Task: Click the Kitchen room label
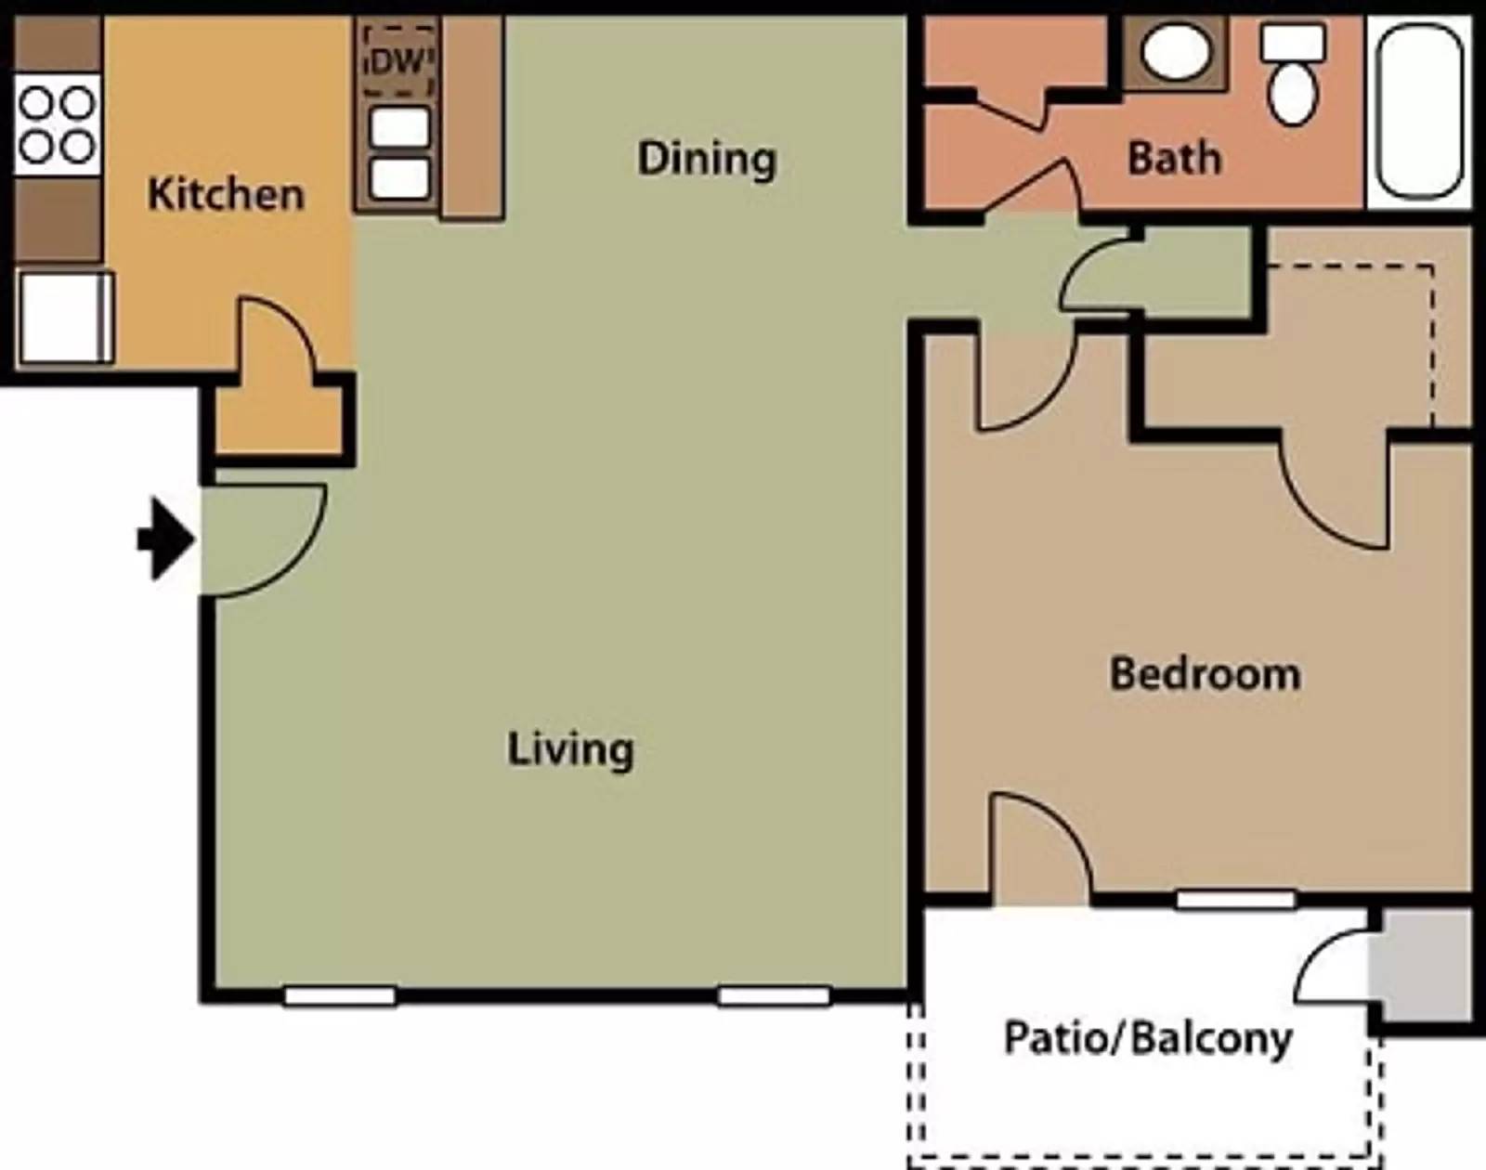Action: (226, 195)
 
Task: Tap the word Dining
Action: (707, 159)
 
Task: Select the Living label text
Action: (570, 749)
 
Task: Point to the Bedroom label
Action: (1205, 674)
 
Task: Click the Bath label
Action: (1174, 158)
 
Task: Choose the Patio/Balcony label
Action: (1148, 1038)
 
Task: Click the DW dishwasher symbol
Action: (399, 61)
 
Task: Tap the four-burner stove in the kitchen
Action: (57, 125)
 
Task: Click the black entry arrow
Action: (165, 539)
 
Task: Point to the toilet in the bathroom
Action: (1293, 74)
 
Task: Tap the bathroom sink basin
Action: (1174, 52)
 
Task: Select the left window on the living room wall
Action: (340, 996)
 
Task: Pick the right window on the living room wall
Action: (774, 996)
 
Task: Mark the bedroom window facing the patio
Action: (1235, 899)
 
